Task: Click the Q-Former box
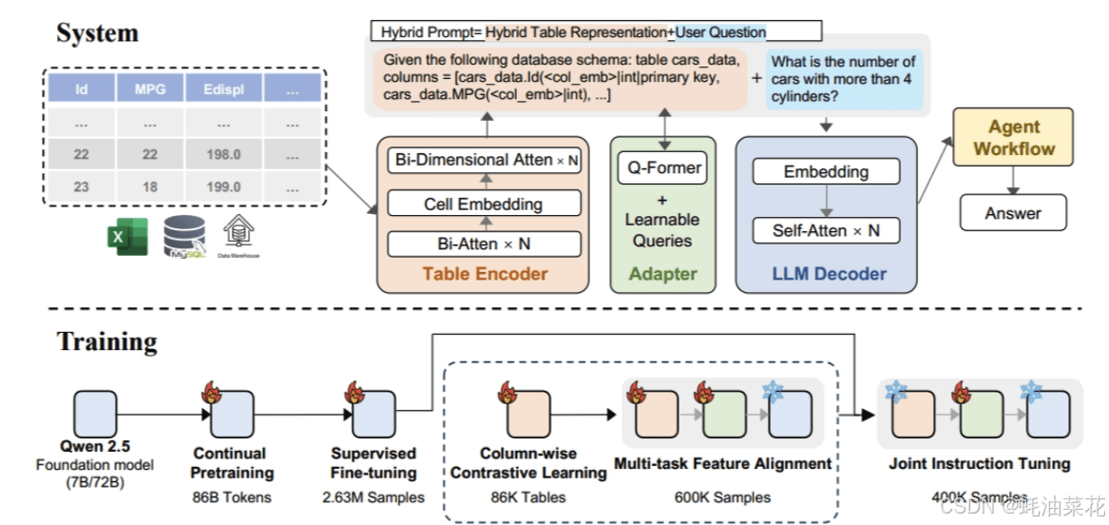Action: tap(664, 168)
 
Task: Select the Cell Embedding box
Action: tap(483, 203)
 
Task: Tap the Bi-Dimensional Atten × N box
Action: tap(485, 160)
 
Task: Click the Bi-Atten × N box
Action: tap(483, 243)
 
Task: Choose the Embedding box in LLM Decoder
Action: tap(825, 172)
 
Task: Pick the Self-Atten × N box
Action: tap(825, 230)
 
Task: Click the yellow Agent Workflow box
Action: tap(1014, 138)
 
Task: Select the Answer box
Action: tap(1012, 213)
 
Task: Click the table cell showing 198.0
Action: tap(222, 154)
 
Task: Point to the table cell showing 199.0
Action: tap(222, 186)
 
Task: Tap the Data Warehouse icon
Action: tap(238, 235)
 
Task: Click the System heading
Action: tap(97, 32)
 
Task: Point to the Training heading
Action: tap(106, 340)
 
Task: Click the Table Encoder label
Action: tap(485, 274)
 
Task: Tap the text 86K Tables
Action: tap(527, 496)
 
